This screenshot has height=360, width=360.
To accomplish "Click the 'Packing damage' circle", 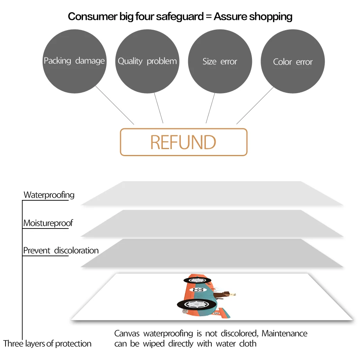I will [74, 61].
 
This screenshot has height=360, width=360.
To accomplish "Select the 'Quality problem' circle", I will [147, 61].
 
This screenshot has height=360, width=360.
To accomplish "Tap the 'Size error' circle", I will [220, 61].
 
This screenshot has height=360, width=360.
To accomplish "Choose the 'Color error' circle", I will [293, 62].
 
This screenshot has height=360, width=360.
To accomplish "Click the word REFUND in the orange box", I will [183, 142].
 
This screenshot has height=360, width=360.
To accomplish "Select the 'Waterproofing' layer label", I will [49, 195].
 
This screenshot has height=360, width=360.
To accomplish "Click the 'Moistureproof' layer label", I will [48, 223].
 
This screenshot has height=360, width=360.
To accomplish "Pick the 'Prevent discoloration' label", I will [61, 250].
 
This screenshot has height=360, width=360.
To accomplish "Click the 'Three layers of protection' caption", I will [47, 344].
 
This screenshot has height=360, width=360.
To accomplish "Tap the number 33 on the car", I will [198, 290].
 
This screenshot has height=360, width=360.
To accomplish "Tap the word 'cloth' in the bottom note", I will [248, 344].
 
